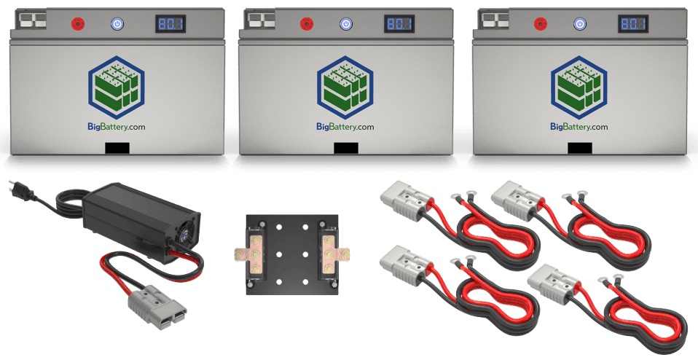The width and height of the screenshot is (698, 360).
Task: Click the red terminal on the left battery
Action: click(x=77, y=24)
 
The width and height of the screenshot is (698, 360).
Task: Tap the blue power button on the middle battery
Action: click(x=345, y=24)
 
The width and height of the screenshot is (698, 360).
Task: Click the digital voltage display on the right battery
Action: click(x=633, y=24)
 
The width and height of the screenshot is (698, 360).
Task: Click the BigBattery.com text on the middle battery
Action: click(x=345, y=127)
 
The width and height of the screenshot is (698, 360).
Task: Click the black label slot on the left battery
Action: click(x=117, y=148)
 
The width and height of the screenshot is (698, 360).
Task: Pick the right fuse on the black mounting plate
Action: click(x=329, y=255)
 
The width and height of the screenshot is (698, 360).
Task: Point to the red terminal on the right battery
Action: click(x=541, y=24)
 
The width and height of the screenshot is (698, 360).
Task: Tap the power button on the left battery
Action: click(x=116, y=24)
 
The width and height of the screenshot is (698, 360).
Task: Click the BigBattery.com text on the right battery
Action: click(x=579, y=127)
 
